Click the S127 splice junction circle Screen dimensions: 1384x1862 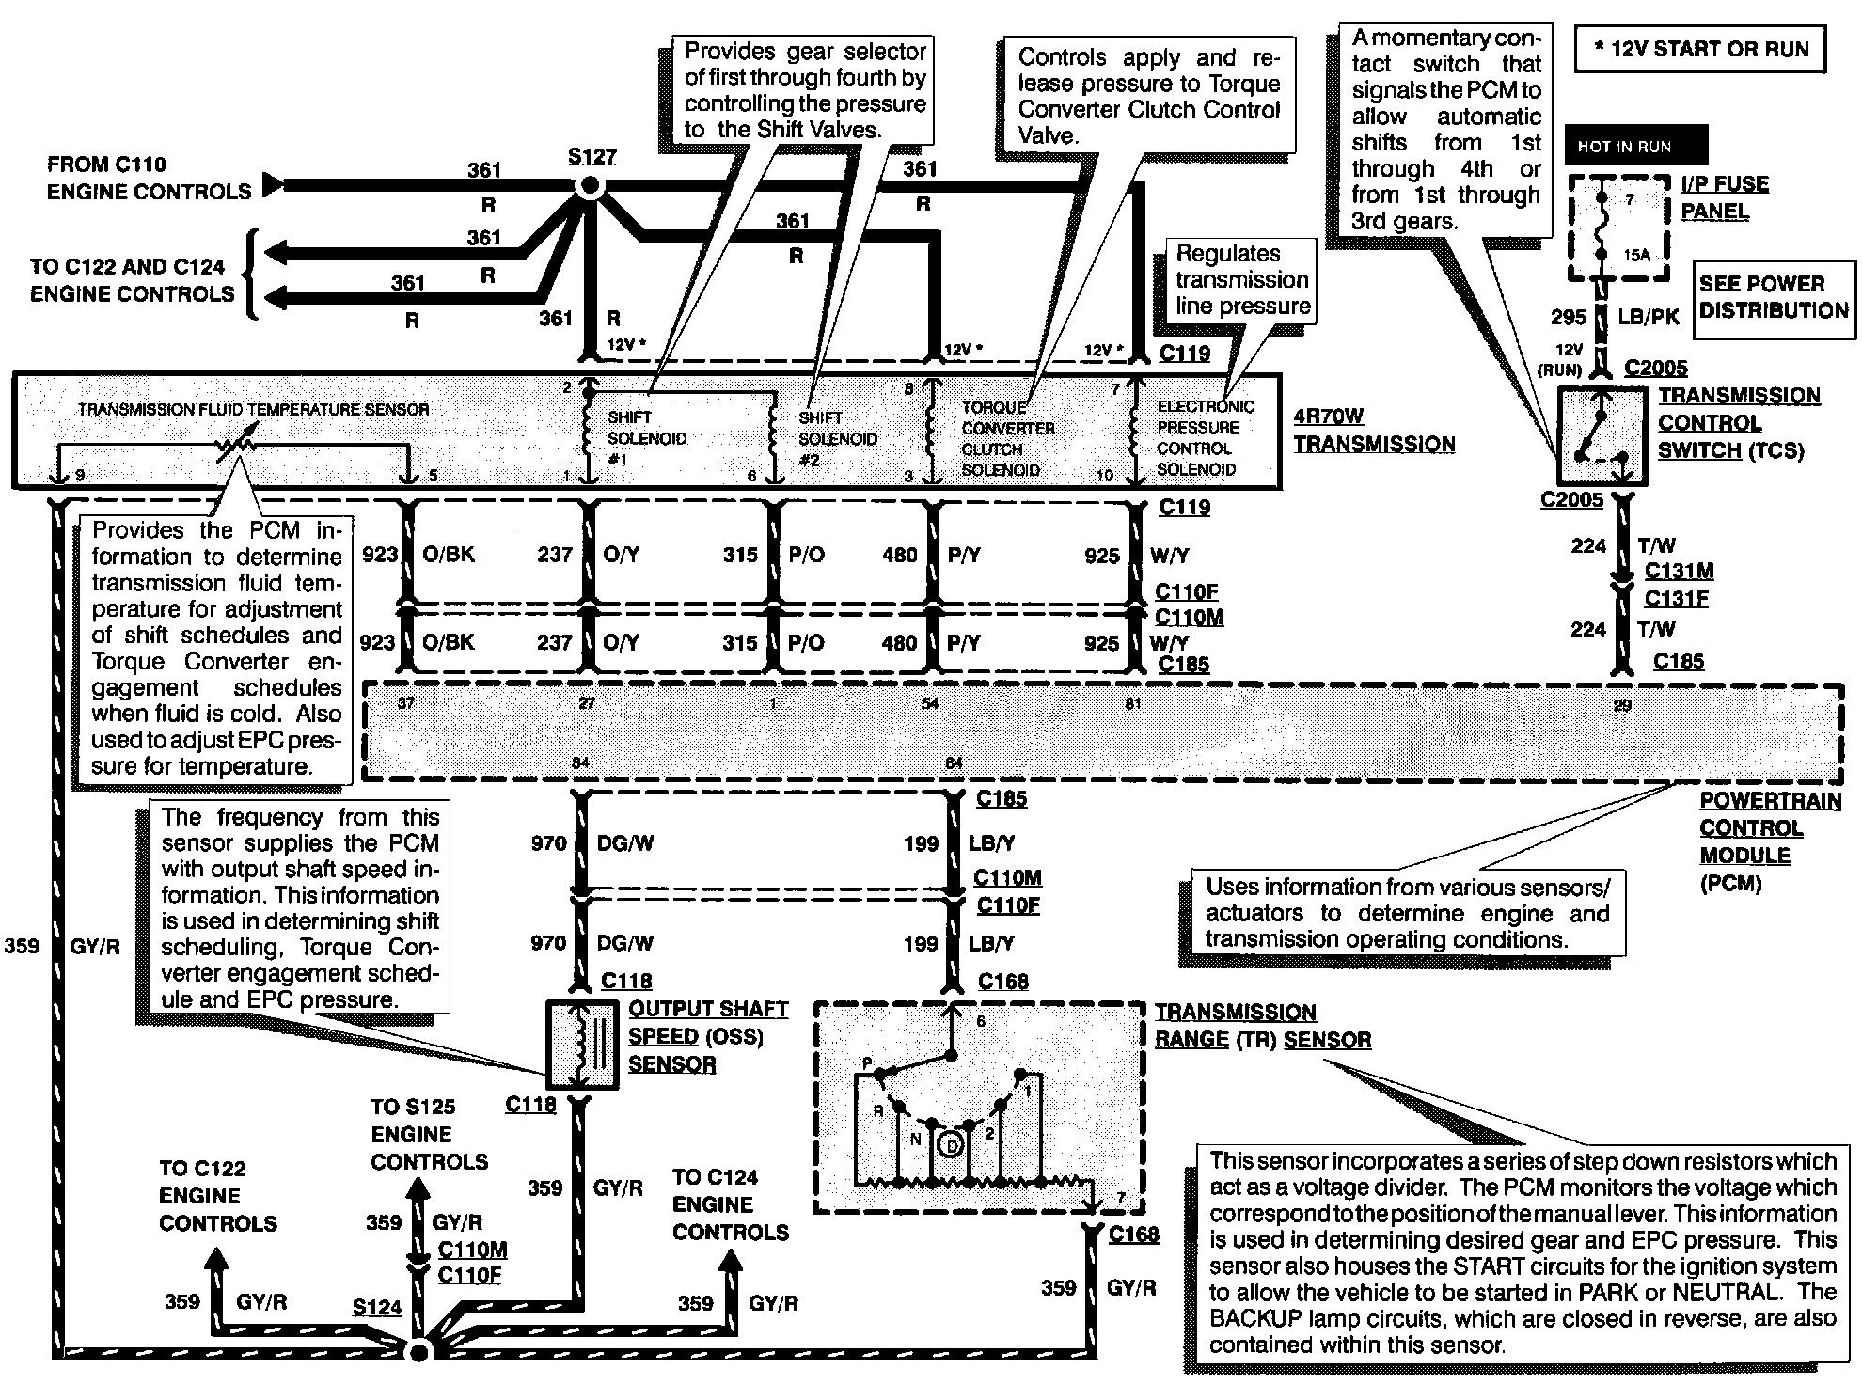pos(590,186)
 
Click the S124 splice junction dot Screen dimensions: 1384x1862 pos(419,1351)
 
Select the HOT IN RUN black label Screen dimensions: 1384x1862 pos(1635,147)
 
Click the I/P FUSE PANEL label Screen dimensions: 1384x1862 pos(1724,197)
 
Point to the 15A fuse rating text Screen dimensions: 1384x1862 pos(1636,255)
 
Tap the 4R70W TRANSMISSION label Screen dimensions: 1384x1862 pos(1373,431)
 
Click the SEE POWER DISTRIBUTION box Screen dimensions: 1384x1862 pos(1774,297)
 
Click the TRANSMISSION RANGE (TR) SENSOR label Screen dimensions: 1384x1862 pos(1261,1026)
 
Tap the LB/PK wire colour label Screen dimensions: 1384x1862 pos(1648,318)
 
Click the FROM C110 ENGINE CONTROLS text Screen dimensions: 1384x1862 pos(149,178)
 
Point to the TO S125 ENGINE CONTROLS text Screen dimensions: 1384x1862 pos(429,1134)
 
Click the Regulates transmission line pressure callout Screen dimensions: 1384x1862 pos(1242,280)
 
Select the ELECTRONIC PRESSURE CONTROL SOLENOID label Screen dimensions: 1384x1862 pos(1205,438)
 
